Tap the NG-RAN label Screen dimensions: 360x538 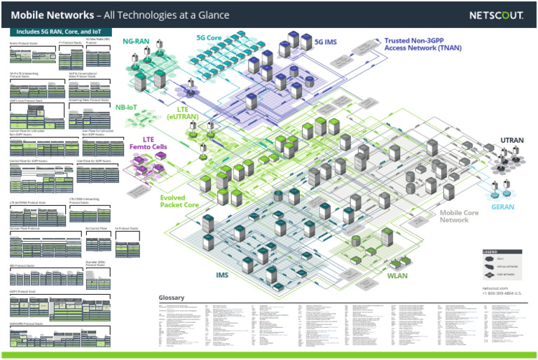click(136, 41)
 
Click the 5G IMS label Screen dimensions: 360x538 click(326, 42)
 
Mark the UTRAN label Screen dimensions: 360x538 click(511, 141)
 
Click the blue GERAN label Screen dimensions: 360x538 click(503, 207)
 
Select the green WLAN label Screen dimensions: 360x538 click(397, 275)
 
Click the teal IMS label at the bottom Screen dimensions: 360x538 click(222, 275)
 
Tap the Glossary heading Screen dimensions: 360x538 click(172, 298)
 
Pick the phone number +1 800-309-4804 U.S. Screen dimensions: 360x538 click(502, 293)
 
